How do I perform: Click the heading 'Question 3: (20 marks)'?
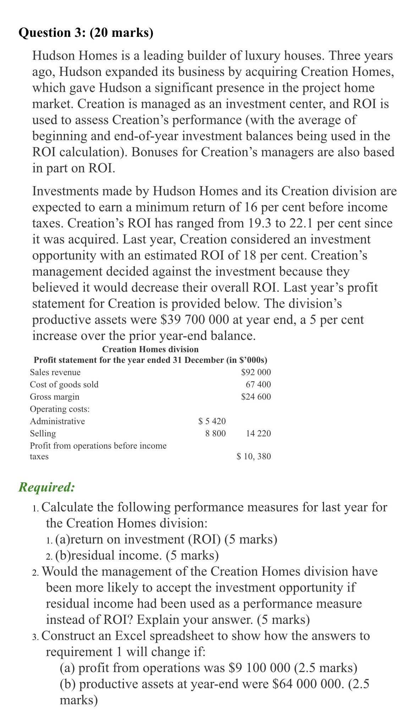coord(86,33)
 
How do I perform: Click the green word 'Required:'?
coord(46,487)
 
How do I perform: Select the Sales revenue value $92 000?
coord(255,372)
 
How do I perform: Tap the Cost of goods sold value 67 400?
coord(258,384)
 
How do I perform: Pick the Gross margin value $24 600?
coord(255,397)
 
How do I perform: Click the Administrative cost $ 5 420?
coord(212,421)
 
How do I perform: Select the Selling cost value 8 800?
coord(215,433)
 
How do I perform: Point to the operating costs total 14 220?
coord(258,433)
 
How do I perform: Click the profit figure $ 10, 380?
coord(253,456)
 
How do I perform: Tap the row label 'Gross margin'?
coord(55,397)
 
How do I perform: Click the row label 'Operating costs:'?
coord(60,409)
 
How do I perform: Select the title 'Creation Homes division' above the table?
coord(150,349)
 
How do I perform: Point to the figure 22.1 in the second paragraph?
coord(301,223)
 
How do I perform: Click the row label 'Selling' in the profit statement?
coord(43,433)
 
